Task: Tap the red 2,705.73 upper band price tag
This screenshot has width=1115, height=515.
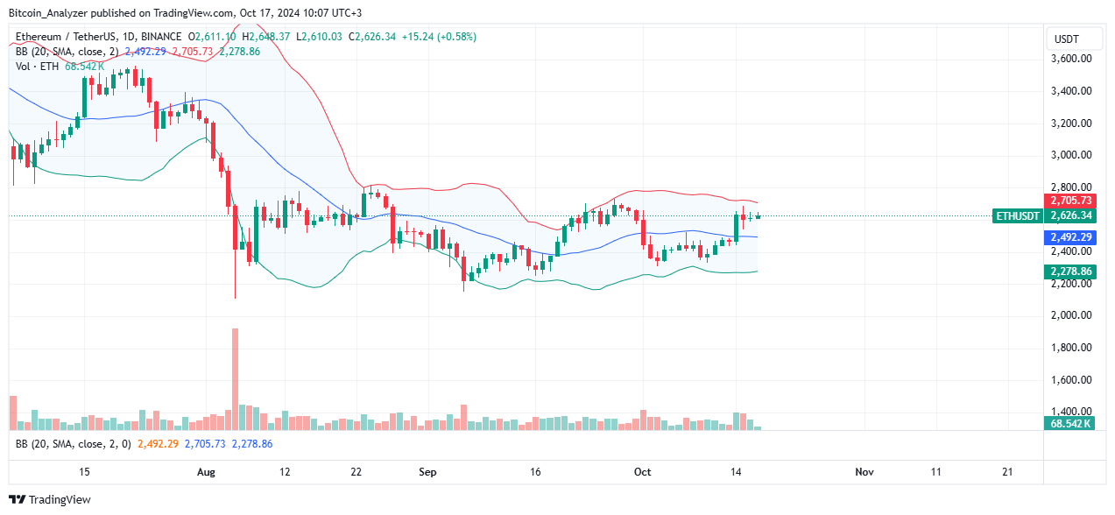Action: [x=1069, y=201]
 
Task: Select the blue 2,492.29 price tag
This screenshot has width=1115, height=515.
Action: [x=1069, y=237]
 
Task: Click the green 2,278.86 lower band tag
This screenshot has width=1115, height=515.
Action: [x=1069, y=272]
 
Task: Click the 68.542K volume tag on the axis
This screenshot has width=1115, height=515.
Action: [x=1069, y=424]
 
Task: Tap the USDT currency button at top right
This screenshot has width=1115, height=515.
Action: [x=1066, y=39]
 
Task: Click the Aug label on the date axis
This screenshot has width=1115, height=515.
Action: [x=207, y=472]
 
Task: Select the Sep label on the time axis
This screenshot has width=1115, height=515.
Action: [x=427, y=472]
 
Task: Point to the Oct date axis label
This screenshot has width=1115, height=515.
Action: [x=642, y=472]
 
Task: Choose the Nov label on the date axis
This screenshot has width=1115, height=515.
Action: [x=864, y=472]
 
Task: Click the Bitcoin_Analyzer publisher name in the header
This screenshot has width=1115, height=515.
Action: [x=53, y=13]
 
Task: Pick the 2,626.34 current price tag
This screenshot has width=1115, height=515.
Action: [x=1069, y=215]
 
